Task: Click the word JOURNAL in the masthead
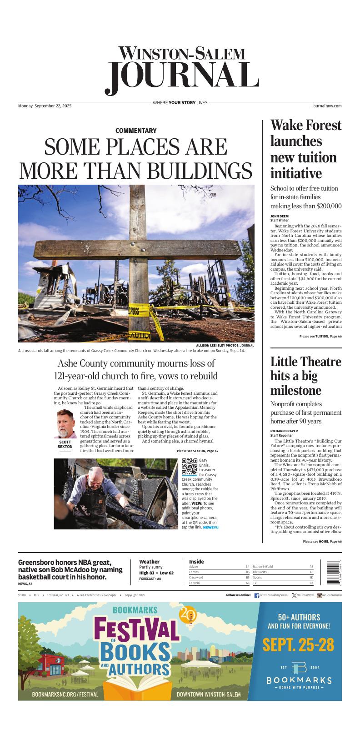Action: click(182, 78)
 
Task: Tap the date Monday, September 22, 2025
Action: click(45, 106)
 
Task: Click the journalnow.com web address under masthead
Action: click(327, 106)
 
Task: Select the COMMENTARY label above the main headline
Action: click(136, 131)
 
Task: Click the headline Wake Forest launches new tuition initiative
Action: click(306, 149)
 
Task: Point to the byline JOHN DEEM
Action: click(280, 216)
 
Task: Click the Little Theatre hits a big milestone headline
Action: click(305, 376)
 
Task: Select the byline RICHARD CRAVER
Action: click(284, 430)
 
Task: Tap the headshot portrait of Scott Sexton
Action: click(65, 423)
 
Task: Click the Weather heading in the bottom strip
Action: click(149, 562)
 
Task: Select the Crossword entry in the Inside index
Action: click(196, 577)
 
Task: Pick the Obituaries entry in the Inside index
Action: click(260, 572)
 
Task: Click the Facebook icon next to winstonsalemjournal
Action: click(256, 595)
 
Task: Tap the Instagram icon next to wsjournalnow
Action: click(320, 595)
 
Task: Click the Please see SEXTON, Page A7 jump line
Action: click(197, 451)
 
